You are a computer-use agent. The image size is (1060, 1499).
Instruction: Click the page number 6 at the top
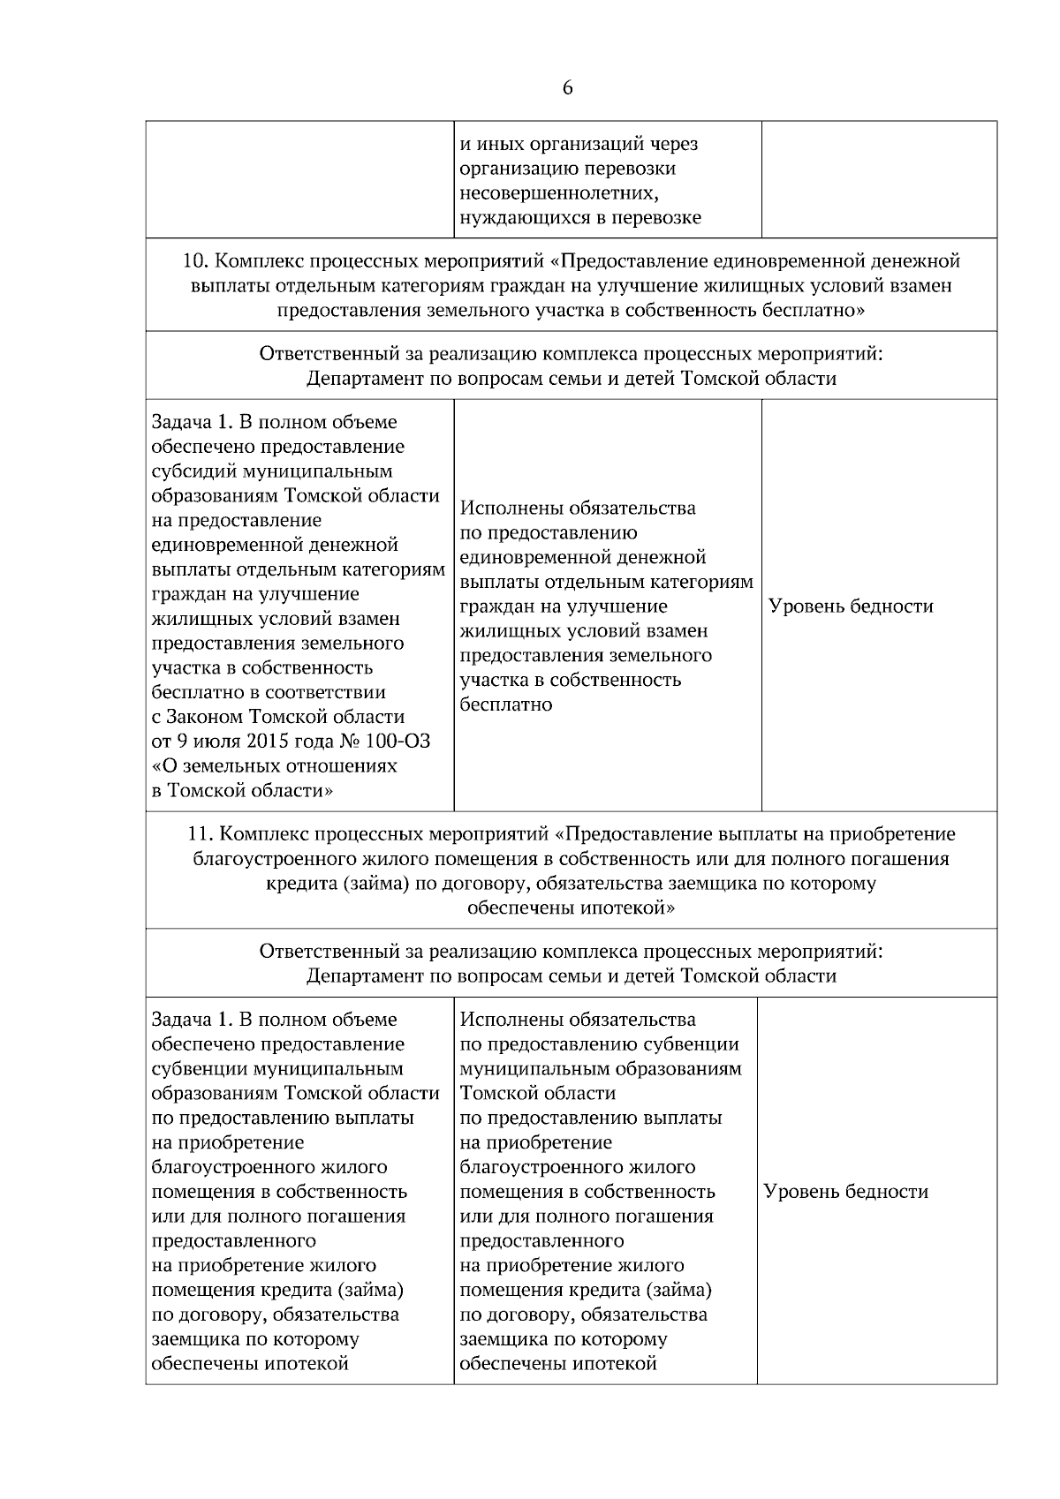pos(567,88)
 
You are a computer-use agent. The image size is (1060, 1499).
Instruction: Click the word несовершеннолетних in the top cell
pos(556,193)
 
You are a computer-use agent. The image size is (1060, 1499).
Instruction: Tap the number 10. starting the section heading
pos(196,261)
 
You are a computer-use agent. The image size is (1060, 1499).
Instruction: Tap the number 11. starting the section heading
pos(201,834)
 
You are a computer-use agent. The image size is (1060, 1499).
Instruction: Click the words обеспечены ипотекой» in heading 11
pos(571,908)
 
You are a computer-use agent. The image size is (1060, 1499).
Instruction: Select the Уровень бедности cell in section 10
pos(851,606)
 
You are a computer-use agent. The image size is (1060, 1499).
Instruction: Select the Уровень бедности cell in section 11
pos(845,1192)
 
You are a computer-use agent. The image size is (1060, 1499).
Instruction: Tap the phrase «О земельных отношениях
pos(274,766)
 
